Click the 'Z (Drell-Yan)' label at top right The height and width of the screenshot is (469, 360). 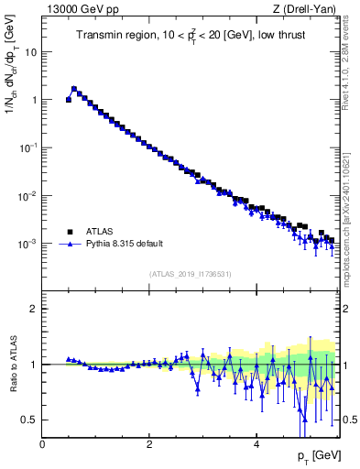click(x=306, y=10)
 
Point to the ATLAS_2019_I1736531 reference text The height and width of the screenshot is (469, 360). click(x=190, y=274)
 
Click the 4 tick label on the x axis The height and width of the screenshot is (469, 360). click(x=256, y=444)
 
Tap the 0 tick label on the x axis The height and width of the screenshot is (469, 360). click(x=42, y=444)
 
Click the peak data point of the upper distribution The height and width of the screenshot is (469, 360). click(x=74, y=89)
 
